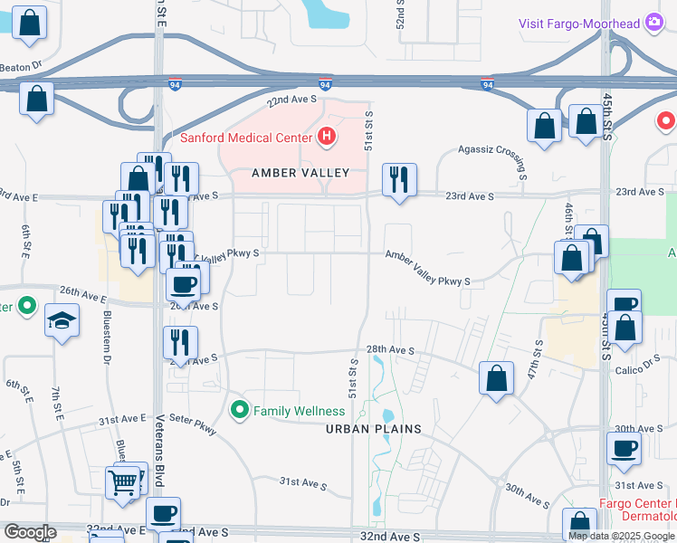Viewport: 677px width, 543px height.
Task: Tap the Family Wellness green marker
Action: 240,411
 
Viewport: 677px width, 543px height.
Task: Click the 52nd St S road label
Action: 399,14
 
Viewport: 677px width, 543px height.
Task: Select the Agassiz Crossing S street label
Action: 493,159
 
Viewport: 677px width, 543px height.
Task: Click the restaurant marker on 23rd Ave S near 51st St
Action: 399,180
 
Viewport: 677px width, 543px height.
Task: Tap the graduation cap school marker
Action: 62,322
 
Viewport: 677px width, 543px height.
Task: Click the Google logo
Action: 29,532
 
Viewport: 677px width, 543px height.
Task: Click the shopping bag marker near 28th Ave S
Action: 497,379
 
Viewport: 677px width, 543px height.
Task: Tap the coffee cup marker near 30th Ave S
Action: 624,448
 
